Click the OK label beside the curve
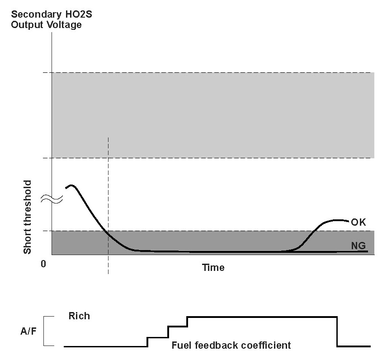click(358, 222)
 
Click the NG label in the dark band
click(359, 246)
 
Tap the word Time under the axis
click(213, 268)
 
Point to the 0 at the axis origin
click(43, 264)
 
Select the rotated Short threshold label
click(28, 217)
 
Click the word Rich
click(79, 316)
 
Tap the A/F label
click(28, 331)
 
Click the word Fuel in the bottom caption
click(182, 345)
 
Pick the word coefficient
click(266, 345)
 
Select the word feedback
click(216, 345)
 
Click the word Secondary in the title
click(36, 14)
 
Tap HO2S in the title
click(79, 14)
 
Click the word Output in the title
click(28, 25)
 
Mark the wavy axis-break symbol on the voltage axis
click(52, 199)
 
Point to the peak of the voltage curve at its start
click(71, 185)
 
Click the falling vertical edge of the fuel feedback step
click(337, 332)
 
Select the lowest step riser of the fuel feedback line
click(147, 342)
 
